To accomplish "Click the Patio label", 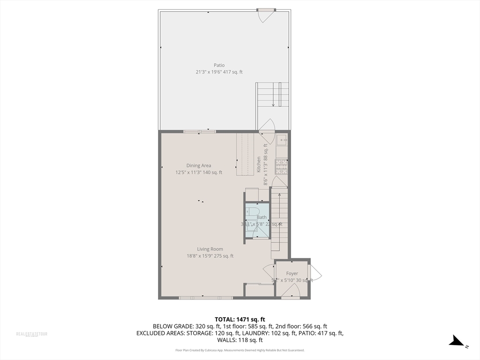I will [219, 65].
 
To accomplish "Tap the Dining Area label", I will [199, 165].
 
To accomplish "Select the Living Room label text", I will [210, 249].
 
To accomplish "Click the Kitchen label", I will [259, 165].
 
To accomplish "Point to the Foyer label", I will [292, 273].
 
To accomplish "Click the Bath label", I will [262, 217].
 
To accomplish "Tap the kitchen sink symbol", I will [282, 139].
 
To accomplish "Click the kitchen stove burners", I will [281, 166].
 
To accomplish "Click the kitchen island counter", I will [244, 154].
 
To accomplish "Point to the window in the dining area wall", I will [200, 132].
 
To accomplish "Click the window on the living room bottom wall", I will [205, 297].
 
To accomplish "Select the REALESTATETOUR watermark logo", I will [32, 334].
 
